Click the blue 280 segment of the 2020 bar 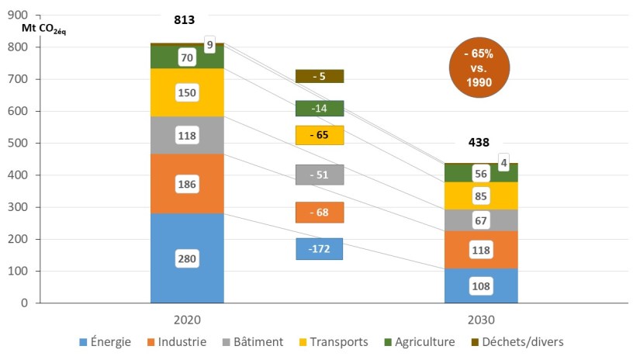[x=187, y=258]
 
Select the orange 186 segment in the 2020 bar [x=187, y=184]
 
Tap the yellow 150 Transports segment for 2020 [x=187, y=93]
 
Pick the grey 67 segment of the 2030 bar [x=481, y=220]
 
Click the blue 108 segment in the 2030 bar [x=481, y=286]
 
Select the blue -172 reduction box [x=319, y=249]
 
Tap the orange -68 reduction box [x=319, y=213]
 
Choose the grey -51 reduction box [x=319, y=175]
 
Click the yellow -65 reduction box [x=319, y=135]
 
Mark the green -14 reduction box [x=319, y=109]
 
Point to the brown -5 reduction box [x=319, y=76]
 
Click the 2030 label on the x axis [x=481, y=319]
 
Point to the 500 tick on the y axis [x=24, y=143]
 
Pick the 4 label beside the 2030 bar [x=503, y=161]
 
